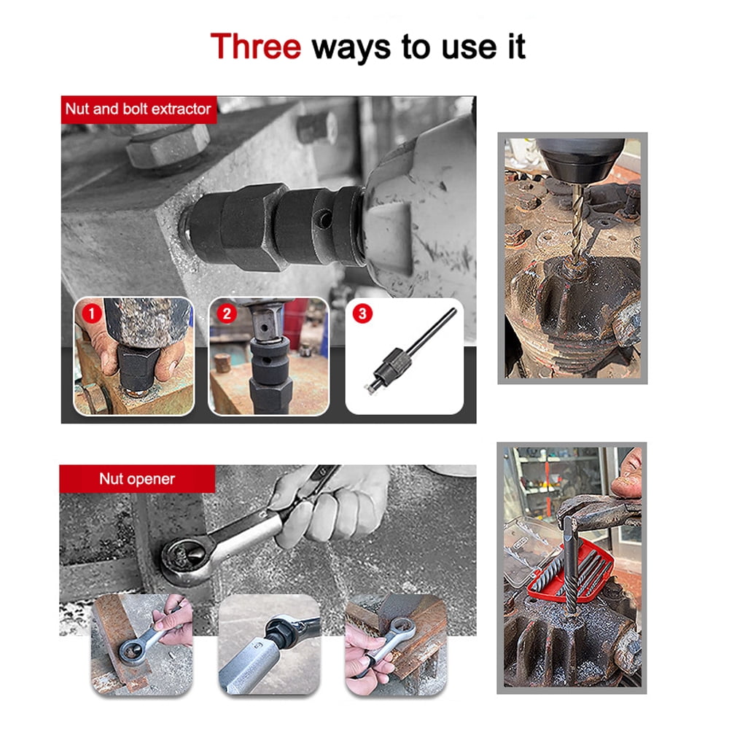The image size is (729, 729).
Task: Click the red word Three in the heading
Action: coord(256,47)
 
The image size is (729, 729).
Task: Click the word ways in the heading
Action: coord(351,49)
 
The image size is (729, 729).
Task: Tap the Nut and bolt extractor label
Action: coord(139,109)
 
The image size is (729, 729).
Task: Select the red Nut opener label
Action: coord(137,479)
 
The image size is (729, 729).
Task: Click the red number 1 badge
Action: coord(92,313)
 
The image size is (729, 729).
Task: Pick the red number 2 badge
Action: coord(227,313)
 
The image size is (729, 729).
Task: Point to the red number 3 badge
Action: coord(362,313)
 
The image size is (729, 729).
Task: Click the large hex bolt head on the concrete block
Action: coord(168,144)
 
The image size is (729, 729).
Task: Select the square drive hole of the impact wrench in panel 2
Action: coord(265,326)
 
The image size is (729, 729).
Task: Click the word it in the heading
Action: coord(517,47)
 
